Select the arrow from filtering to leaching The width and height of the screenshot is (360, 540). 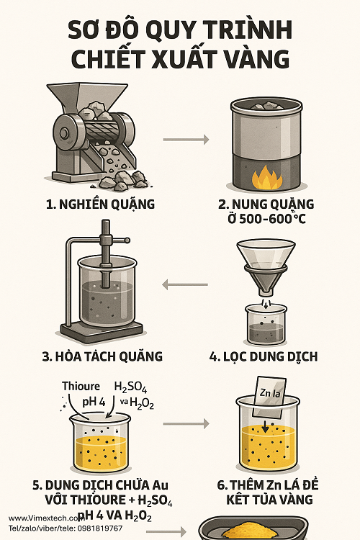coord(185,285)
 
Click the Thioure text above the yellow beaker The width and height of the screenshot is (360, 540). coord(81,387)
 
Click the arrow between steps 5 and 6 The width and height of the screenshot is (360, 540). coord(185,423)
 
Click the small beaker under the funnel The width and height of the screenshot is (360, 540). coord(266,323)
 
